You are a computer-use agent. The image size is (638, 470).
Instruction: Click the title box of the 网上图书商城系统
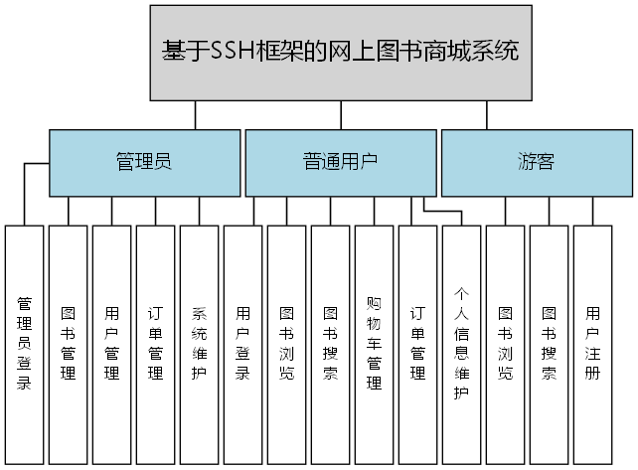[x=341, y=52]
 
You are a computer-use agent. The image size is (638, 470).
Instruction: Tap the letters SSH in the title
[x=235, y=51]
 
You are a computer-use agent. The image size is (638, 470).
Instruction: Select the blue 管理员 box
[x=144, y=163]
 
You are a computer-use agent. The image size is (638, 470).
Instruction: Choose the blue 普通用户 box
[x=340, y=163]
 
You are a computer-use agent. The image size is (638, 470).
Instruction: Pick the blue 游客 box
[x=536, y=163]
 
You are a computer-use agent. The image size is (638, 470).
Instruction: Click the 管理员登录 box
[x=25, y=344]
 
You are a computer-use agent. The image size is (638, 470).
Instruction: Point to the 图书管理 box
[x=69, y=344]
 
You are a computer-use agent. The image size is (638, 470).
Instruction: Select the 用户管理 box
[x=112, y=344]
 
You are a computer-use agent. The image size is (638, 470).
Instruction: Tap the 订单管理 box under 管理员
[x=156, y=344]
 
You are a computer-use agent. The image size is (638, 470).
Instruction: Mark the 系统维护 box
[x=200, y=344]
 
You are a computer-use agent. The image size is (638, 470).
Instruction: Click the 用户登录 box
[x=243, y=344]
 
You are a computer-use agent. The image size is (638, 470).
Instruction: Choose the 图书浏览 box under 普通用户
[x=287, y=344]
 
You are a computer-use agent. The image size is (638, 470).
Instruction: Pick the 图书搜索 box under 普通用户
[x=331, y=344]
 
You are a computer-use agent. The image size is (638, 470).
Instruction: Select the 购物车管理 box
[x=375, y=344]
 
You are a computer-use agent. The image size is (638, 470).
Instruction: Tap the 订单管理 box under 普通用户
[x=418, y=344]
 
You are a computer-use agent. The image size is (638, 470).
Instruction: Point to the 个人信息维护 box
[x=462, y=344]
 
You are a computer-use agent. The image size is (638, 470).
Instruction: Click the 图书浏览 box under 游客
[x=506, y=344]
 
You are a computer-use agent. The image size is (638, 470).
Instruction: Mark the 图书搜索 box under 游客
[x=550, y=344]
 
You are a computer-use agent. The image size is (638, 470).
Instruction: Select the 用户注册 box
[x=593, y=344]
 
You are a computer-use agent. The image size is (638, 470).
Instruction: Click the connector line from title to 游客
[x=488, y=115]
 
